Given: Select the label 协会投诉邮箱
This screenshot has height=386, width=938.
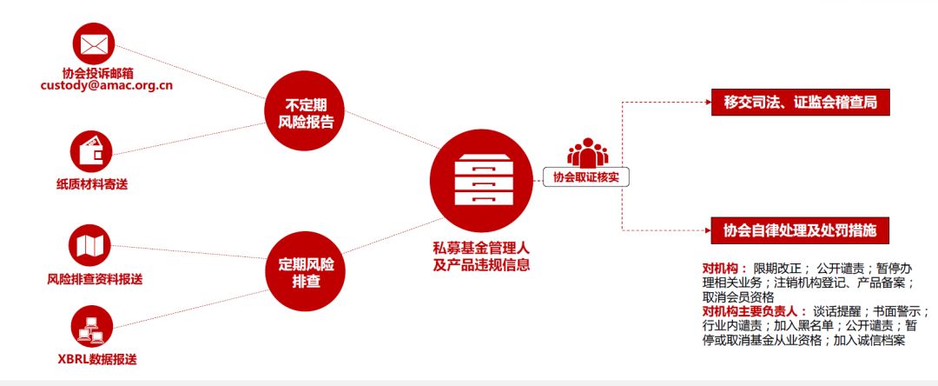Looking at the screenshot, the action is [91, 71].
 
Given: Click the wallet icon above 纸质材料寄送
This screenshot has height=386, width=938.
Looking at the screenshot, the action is [91, 151].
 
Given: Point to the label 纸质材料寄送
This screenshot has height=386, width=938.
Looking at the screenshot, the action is [91, 183].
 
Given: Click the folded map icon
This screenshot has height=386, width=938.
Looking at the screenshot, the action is [91, 246].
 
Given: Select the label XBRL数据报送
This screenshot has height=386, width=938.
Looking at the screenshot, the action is [95, 359].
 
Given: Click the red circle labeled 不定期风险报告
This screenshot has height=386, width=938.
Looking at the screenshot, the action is [300, 110].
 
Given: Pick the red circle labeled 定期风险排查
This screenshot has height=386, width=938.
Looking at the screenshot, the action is [300, 270].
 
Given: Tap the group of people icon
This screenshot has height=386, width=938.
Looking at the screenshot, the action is [588, 152].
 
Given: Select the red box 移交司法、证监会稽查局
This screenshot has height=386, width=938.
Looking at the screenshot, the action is [799, 103].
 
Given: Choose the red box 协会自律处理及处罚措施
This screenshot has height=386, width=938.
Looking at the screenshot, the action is [799, 230].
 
